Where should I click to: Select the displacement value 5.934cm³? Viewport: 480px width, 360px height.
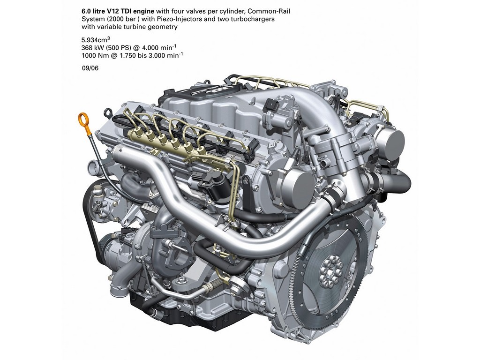tap(96, 39)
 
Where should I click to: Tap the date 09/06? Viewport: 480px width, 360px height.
tap(90, 68)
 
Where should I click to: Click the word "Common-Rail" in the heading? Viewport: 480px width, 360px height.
tap(269, 11)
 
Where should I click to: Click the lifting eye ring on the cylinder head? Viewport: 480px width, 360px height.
tap(108, 112)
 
